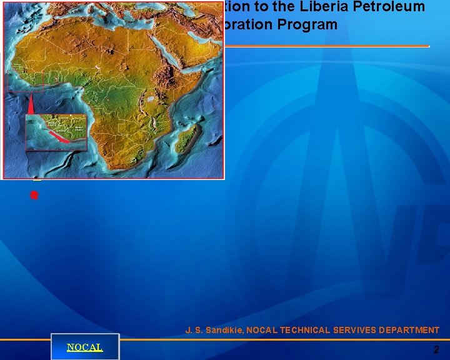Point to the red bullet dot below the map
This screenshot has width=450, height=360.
[34, 195]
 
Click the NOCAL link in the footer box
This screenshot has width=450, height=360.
[84, 347]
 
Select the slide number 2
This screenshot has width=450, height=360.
[436, 350]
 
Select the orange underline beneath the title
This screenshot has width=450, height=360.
[325, 46]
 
